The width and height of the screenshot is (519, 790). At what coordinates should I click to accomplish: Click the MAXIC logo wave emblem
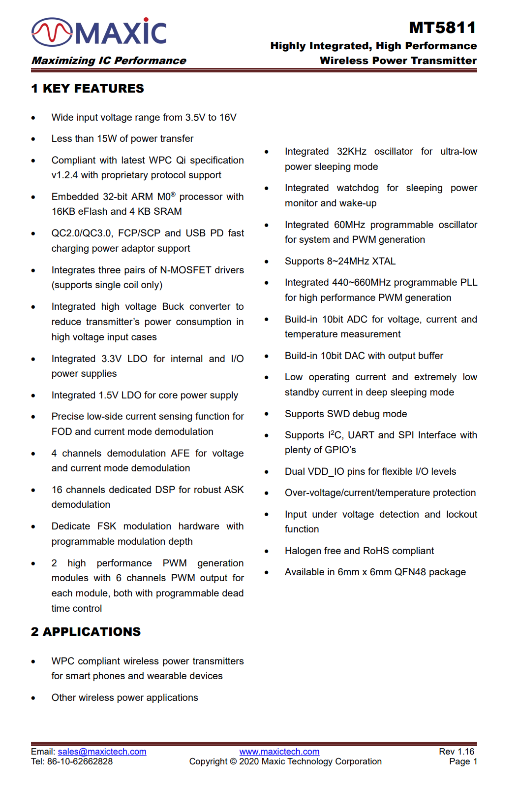[52, 32]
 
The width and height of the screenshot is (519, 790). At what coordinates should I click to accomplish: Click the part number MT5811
[442, 28]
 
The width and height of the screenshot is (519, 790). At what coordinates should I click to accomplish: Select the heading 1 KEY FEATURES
[88, 89]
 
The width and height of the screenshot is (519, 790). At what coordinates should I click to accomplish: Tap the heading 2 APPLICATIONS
[86, 632]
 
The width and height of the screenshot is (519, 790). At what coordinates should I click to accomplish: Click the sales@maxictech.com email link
[102, 752]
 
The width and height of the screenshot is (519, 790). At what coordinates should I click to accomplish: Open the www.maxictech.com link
[279, 752]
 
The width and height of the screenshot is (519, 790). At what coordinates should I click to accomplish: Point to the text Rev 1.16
[457, 752]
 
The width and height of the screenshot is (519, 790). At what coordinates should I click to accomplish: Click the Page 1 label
[463, 761]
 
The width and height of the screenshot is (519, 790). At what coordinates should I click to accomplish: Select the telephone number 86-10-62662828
[80, 761]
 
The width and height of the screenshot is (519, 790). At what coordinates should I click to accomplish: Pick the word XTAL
[384, 261]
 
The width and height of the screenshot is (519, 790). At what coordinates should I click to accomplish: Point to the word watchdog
[358, 188]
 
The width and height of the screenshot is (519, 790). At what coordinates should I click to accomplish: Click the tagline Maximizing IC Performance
[109, 61]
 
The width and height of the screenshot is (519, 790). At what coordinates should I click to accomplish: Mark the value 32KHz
[351, 152]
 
